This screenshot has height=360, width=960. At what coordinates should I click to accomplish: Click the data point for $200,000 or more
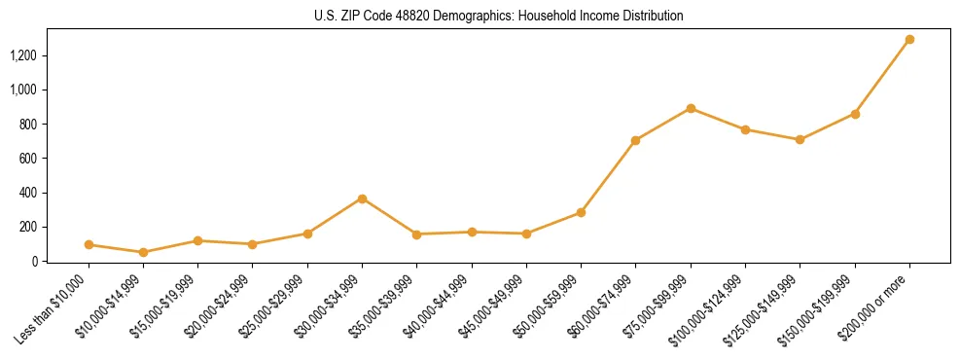click(909, 40)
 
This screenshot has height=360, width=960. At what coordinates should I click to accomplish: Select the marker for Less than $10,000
click(89, 245)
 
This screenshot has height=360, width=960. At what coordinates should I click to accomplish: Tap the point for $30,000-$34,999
click(362, 198)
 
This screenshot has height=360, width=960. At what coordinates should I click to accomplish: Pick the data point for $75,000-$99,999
click(691, 108)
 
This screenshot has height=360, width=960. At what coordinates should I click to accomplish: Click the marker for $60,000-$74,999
click(636, 140)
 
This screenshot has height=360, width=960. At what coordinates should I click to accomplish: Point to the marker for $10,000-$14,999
click(143, 252)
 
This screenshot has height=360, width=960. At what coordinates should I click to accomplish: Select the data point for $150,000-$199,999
click(855, 114)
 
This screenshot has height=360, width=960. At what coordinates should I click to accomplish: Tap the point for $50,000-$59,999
click(581, 212)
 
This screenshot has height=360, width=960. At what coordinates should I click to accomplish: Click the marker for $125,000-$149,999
click(800, 139)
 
